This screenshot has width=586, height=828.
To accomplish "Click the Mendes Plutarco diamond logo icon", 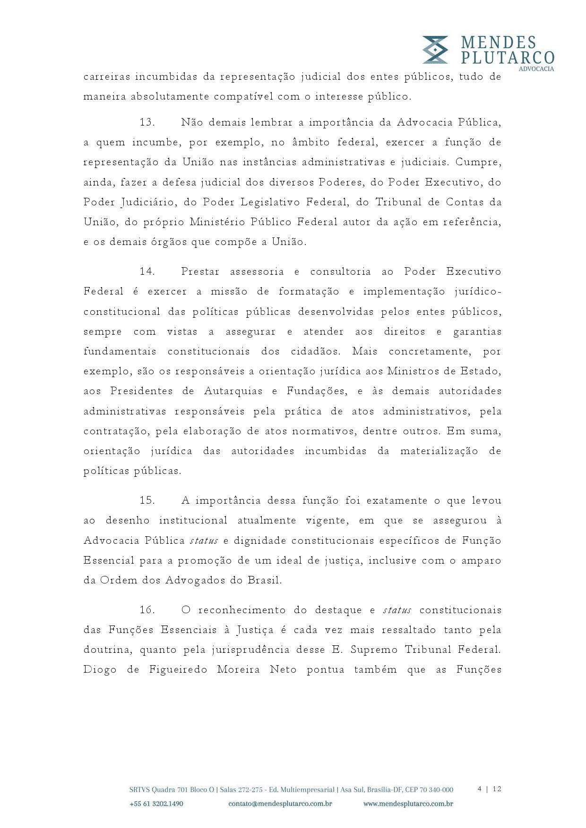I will [x=435, y=50].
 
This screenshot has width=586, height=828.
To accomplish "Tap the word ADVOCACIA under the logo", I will [x=536, y=69].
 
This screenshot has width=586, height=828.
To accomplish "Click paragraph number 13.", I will [x=147, y=123].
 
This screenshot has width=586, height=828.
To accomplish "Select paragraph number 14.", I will [x=147, y=272].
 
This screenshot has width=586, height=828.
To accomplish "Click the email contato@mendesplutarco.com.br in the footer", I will [x=280, y=804].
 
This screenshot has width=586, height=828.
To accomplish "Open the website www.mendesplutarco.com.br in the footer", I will [x=408, y=804].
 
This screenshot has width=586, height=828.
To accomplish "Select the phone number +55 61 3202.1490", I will [x=156, y=804].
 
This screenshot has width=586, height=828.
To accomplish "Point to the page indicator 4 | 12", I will [x=489, y=789].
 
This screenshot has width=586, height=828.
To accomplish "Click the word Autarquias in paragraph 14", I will [x=232, y=391].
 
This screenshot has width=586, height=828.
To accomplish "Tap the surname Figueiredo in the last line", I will [x=178, y=670].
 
